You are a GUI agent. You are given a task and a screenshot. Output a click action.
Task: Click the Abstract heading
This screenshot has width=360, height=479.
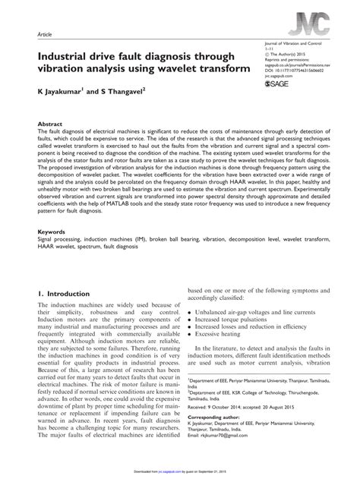pos(52,122)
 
